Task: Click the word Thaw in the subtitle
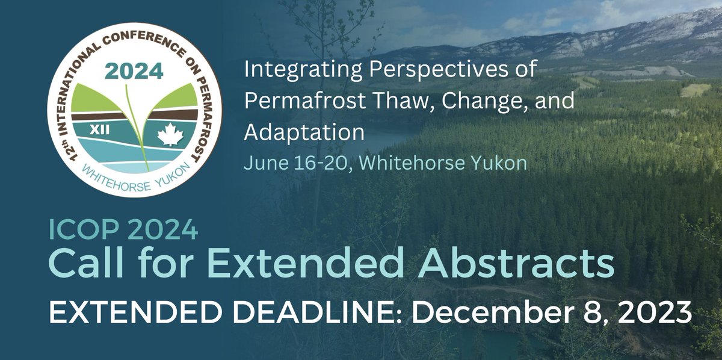click(395, 101)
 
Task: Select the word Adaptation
click(304, 132)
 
